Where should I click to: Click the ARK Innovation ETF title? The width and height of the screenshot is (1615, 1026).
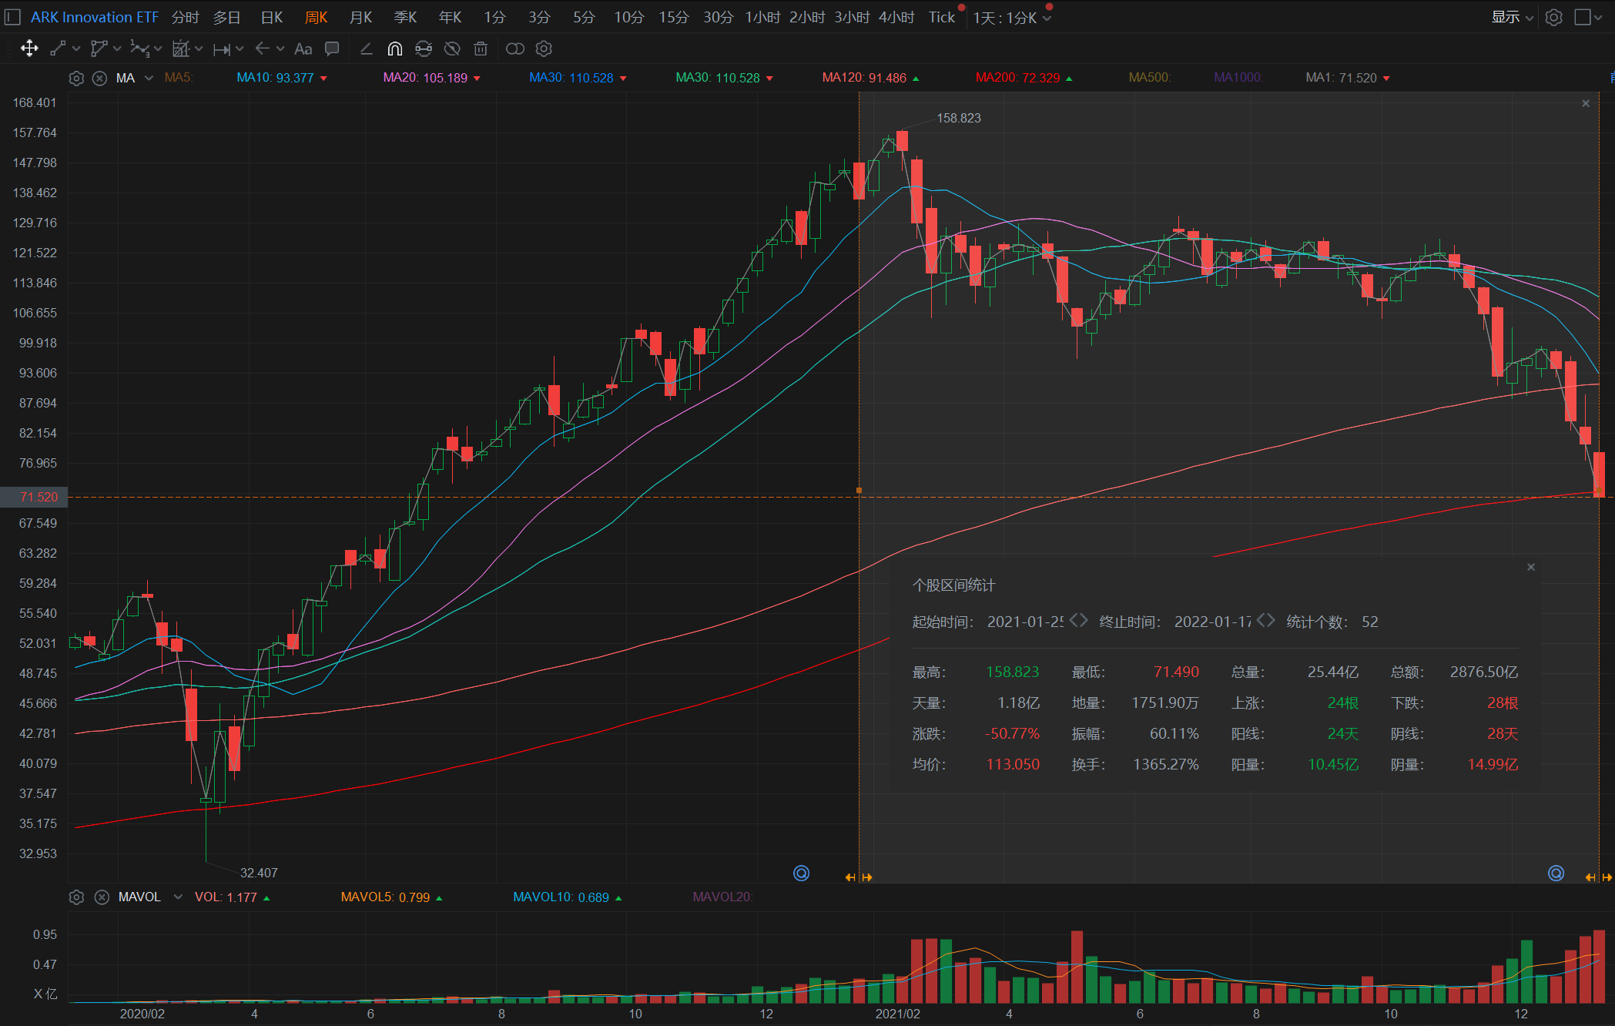(x=94, y=17)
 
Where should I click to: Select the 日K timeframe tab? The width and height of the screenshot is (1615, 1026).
(x=272, y=17)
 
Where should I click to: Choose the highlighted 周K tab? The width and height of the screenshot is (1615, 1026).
(x=317, y=17)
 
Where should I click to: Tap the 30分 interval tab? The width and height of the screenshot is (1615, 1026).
(x=718, y=17)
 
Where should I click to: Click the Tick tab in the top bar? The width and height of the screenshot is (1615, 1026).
(x=941, y=17)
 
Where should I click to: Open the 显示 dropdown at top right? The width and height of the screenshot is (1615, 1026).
(x=1512, y=17)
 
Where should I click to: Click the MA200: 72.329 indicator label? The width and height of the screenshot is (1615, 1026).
(x=1017, y=78)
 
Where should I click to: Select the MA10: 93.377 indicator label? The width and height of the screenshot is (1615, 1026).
(x=275, y=78)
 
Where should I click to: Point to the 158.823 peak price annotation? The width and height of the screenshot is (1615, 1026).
(x=958, y=118)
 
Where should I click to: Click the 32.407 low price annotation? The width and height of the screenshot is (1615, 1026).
(x=259, y=873)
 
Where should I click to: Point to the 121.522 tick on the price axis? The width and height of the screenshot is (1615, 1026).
(x=35, y=253)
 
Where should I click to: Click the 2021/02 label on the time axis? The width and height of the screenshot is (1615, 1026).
(x=897, y=1014)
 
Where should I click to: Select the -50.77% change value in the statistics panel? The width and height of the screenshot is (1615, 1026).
(x=1012, y=734)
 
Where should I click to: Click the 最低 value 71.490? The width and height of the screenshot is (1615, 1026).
(x=1176, y=672)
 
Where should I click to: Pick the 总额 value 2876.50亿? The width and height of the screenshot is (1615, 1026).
(x=1484, y=672)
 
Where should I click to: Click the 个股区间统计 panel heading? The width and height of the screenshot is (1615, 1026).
(x=953, y=585)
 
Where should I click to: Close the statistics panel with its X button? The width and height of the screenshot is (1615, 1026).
(x=1531, y=567)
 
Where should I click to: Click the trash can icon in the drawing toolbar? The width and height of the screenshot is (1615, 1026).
(x=481, y=49)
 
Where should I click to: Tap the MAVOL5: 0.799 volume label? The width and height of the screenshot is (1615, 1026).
(x=385, y=897)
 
